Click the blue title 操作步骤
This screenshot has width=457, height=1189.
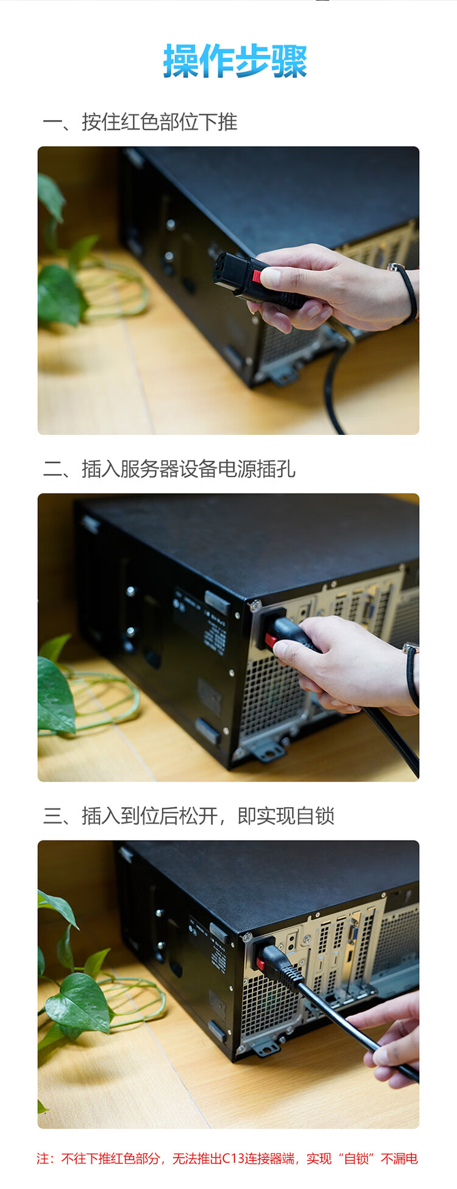(x=235, y=61)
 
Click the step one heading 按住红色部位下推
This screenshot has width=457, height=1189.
(x=160, y=122)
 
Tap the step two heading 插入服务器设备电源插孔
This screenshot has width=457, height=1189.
(x=188, y=469)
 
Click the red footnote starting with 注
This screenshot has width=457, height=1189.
(x=227, y=1158)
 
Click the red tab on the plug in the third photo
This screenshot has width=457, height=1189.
(x=261, y=964)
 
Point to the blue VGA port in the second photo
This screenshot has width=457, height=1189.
(x=370, y=607)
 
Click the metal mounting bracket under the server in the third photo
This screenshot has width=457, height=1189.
(x=266, y=1046)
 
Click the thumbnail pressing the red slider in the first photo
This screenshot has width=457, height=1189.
(x=271, y=277)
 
